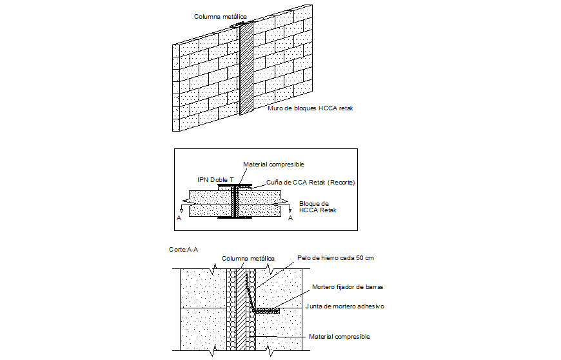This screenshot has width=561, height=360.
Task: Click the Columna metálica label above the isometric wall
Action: tap(220, 16)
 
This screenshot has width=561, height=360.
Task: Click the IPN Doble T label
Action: tap(216, 179)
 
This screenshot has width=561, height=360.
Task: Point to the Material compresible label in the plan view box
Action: tap(273, 165)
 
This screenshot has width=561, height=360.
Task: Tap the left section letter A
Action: tap(179, 219)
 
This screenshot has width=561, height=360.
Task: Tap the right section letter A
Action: tap(290, 219)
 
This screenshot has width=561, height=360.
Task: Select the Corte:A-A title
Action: tap(182, 248)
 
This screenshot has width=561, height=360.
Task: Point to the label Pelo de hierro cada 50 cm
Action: tap(335, 257)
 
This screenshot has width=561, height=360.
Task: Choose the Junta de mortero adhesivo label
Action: tap(344, 306)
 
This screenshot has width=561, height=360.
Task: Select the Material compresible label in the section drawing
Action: tap(339, 337)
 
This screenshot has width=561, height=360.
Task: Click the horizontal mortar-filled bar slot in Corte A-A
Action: tap(266, 310)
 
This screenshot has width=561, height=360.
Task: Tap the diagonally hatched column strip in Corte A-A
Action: tap(241, 310)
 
